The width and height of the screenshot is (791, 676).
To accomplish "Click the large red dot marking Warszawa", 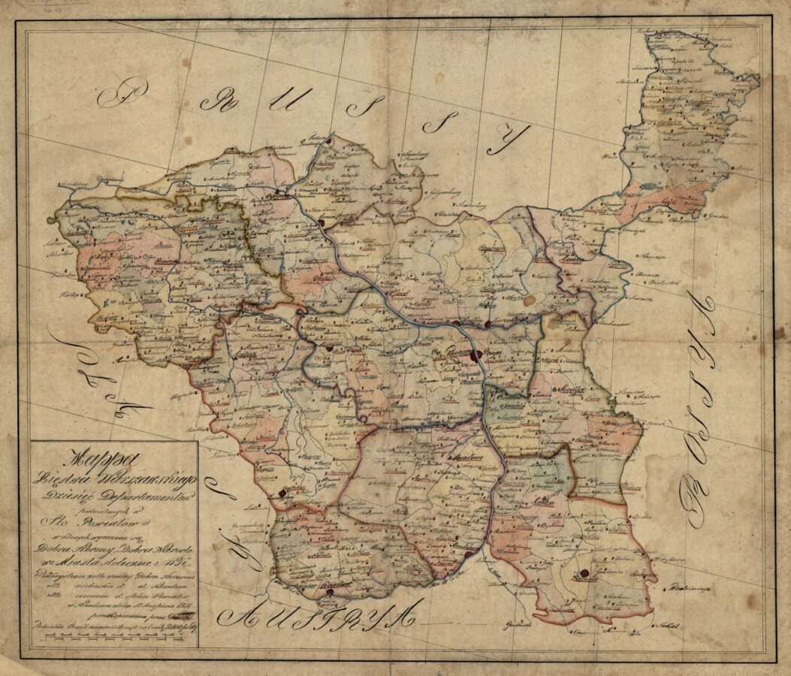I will (475, 356).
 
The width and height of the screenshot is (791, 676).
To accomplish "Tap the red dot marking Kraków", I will (328, 593).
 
